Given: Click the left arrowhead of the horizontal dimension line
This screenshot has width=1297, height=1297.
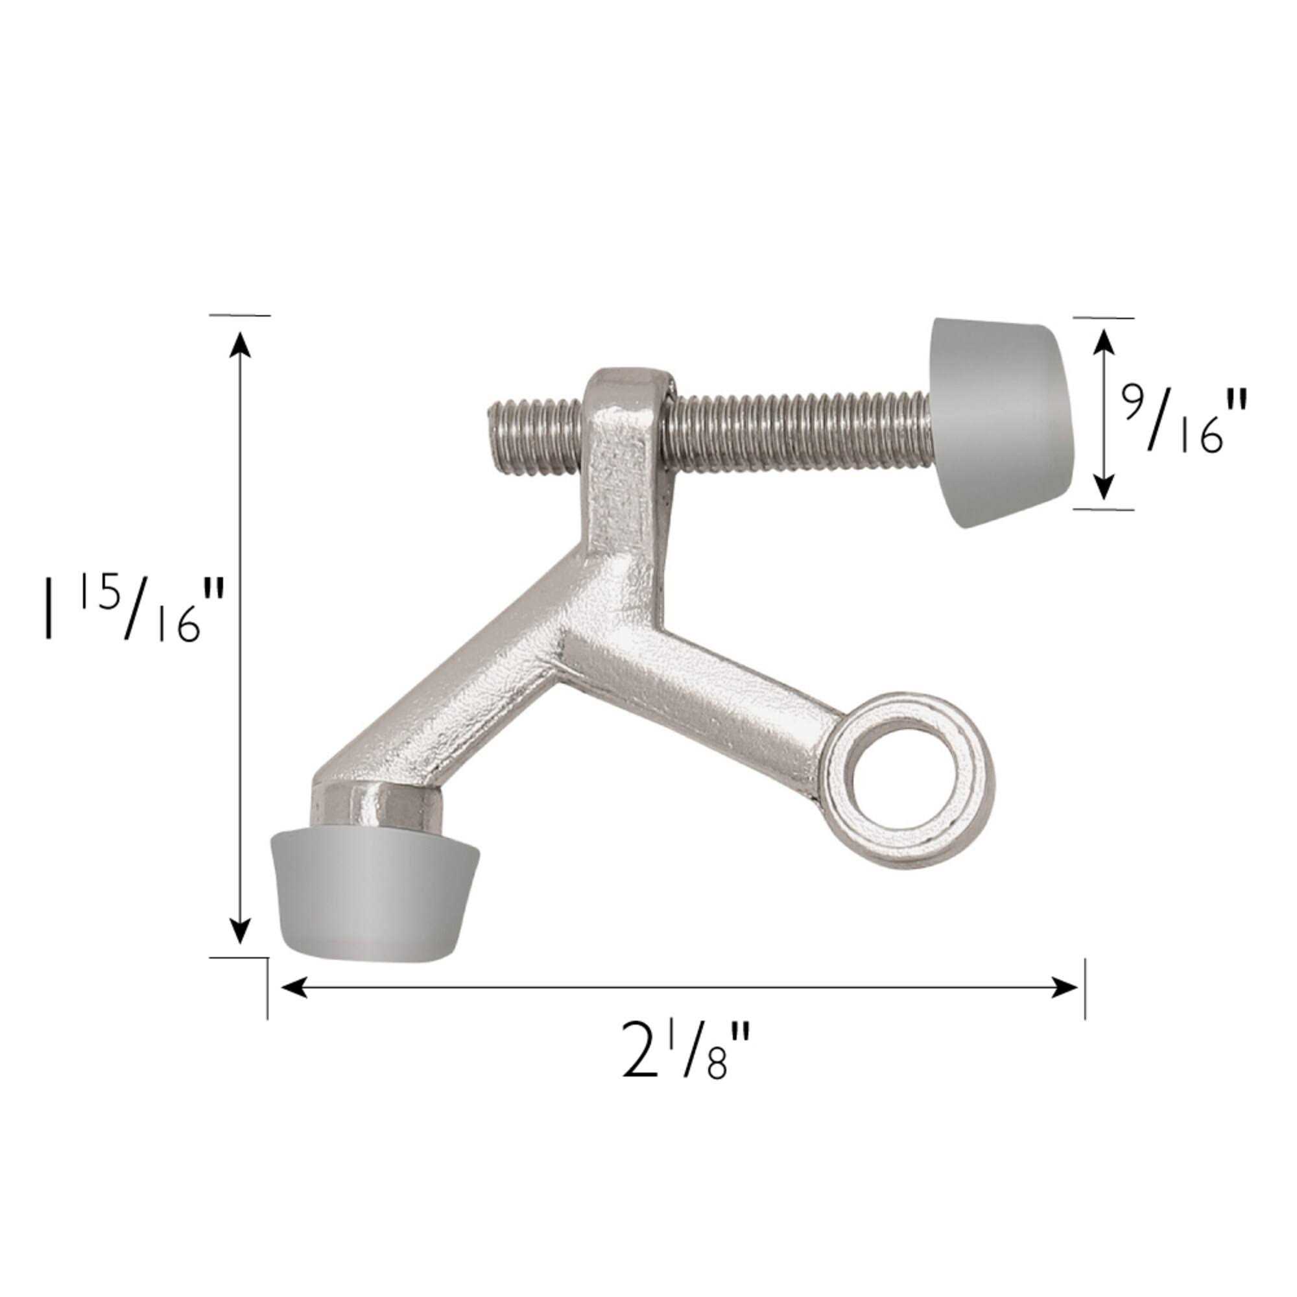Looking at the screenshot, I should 292,987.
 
